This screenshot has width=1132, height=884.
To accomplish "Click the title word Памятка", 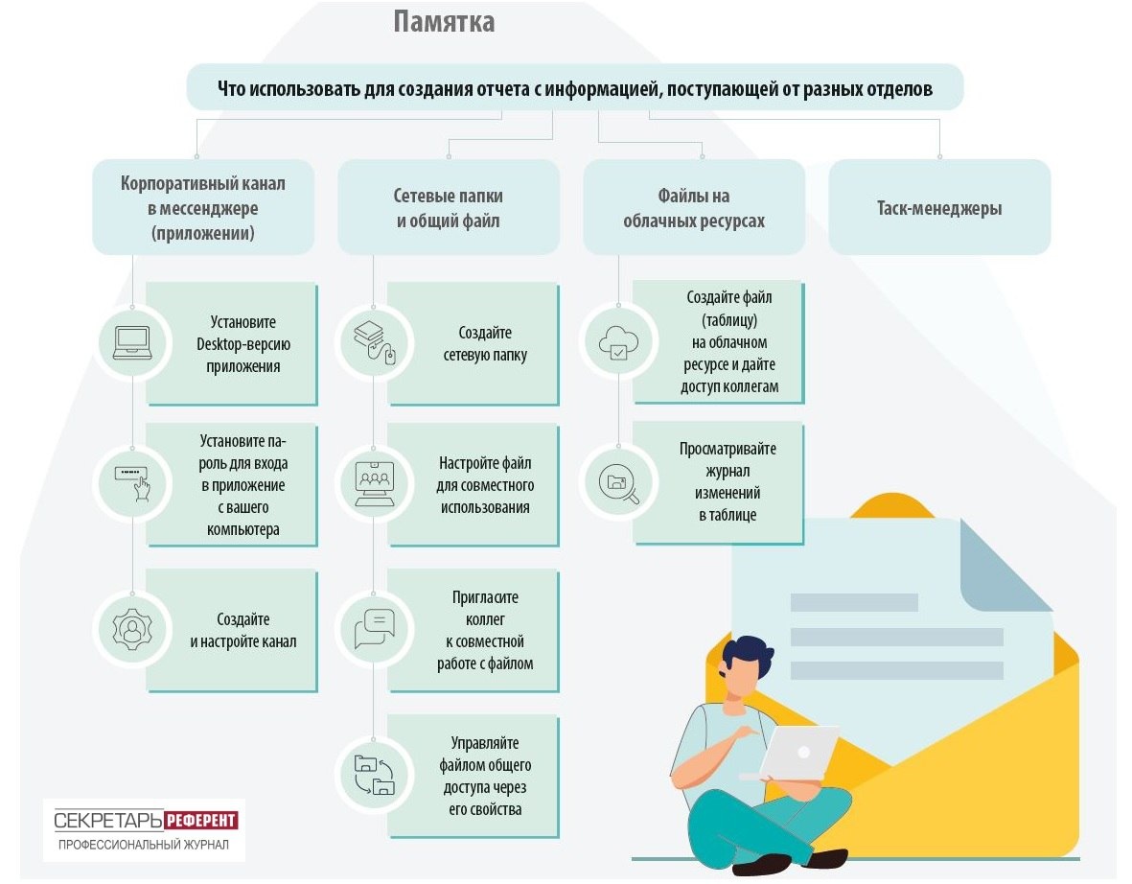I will click(444, 23).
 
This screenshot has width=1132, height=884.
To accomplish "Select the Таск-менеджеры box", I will click(938, 207).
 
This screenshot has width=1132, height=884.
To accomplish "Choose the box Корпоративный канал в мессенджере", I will click(203, 207).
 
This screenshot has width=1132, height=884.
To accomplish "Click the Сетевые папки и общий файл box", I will click(448, 207).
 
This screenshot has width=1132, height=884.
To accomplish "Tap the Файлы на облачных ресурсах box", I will click(693, 207).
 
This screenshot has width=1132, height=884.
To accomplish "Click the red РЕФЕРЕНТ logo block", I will click(200, 821).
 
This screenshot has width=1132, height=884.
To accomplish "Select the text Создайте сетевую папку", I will click(485, 343).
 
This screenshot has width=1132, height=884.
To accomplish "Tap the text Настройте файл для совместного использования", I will click(485, 484).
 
